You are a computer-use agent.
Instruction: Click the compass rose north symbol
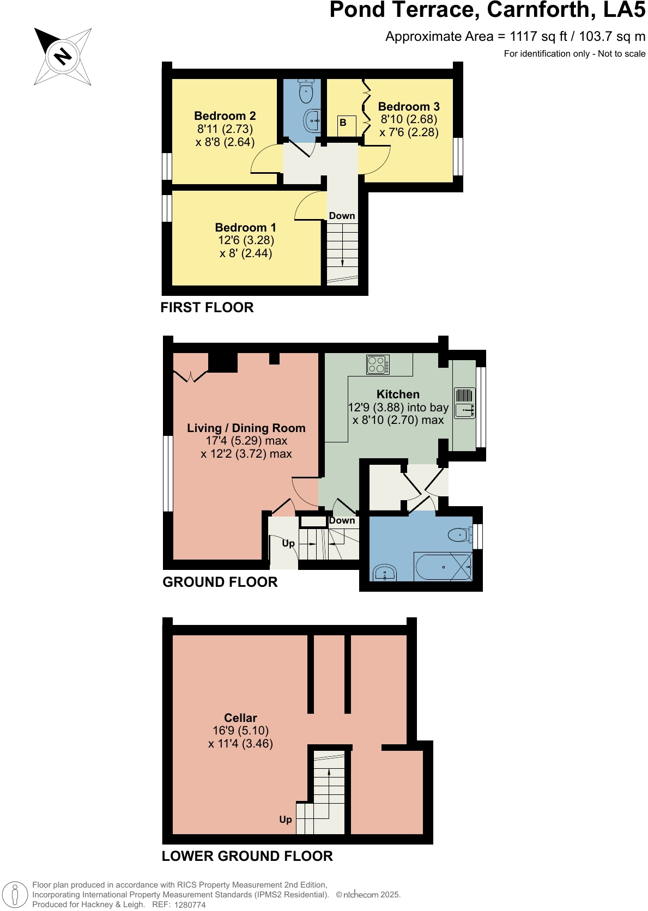tap(63, 56)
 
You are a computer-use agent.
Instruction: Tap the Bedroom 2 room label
tap(225, 116)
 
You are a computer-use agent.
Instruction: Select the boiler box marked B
tap(343, 123)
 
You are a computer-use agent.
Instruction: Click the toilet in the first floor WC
tap(306, 90)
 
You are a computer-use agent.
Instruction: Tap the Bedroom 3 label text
tap(409, 107)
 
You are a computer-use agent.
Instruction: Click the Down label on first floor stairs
tap(342, 216)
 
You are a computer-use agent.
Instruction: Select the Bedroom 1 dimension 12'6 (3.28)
tap(246, 240)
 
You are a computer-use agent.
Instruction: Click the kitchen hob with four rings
tap(378, 365)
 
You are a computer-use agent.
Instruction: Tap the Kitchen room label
tap(398, 394)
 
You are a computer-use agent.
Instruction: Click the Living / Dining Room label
tap(246, 428)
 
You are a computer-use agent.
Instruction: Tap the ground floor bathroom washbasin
tap(385, 573)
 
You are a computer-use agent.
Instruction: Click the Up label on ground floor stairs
tap(288, 543)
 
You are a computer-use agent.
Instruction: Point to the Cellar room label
tap(240, 718)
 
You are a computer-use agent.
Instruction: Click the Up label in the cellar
tap(286, 819)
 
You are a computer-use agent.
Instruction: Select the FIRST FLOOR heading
tap(207, 307)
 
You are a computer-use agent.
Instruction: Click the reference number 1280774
tap(190, 904)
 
